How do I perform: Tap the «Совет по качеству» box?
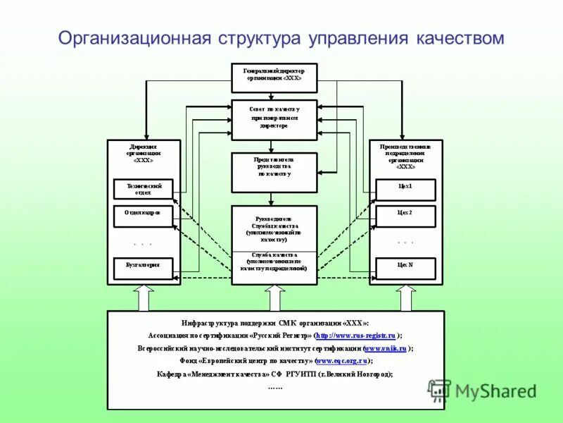click(x=274, y=118)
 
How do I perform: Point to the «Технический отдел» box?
click(x=144, y=189)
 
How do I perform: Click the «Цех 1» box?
click(x=405, y=189)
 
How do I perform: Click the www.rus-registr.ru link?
click(x=355, y=336)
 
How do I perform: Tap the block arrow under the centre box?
click(x=274, y=298)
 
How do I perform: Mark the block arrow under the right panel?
click(x=405, y=298)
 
